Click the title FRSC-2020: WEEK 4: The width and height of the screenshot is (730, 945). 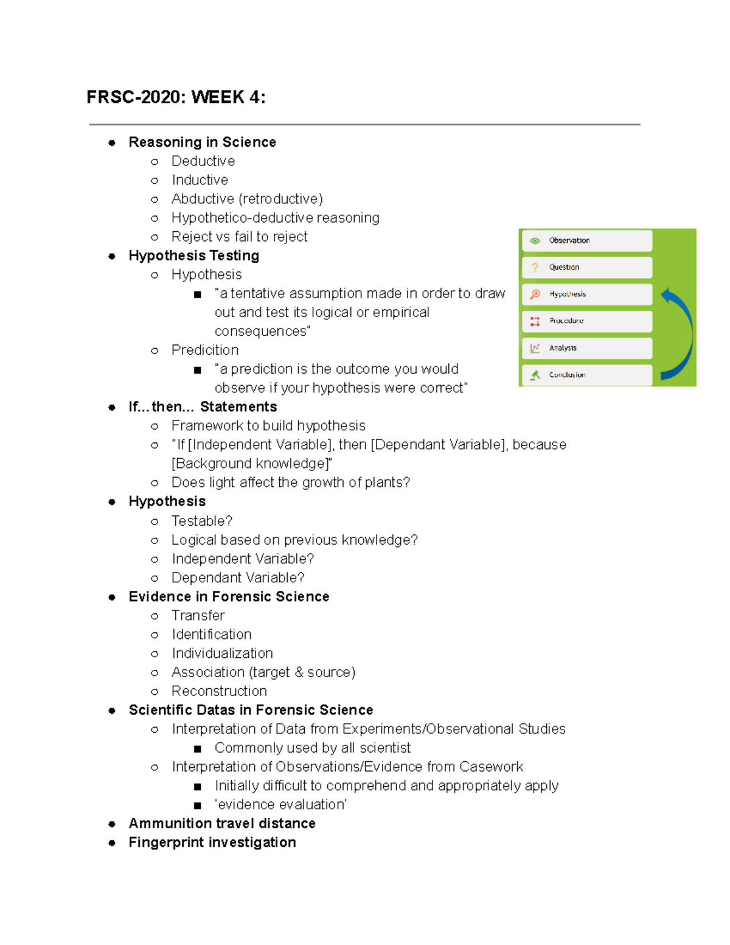[x=176, y=97]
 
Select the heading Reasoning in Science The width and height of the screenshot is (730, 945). [x=202, y=142]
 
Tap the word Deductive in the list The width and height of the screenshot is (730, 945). [x=203, y=161]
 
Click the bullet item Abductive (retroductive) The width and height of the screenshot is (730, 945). [x=247, y=199]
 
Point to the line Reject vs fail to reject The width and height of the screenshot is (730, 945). [x=239, y=237]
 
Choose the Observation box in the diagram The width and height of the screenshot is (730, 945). [x=586, y=240]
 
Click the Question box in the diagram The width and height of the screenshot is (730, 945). [x=586, y=267]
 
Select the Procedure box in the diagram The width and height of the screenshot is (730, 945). [x=586, y=321]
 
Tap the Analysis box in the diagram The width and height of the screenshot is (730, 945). [x=586, y=348]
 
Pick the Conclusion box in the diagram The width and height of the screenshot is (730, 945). [x=586, y=375]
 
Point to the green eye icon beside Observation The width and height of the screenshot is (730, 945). [x=535, y=240]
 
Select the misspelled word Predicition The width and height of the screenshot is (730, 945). [x=205, y=350]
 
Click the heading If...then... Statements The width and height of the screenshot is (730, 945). [x=203, y=407]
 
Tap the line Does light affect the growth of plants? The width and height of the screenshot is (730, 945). [x=291, y=483]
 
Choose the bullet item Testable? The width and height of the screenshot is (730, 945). [x=202, y=521]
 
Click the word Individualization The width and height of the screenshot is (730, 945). [x=222, y=654]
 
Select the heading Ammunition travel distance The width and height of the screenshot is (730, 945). [x=222, y=823]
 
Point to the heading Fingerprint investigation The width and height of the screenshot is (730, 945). [x=212, y=842]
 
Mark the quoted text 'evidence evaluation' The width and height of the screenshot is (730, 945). [x=280, y=804]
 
